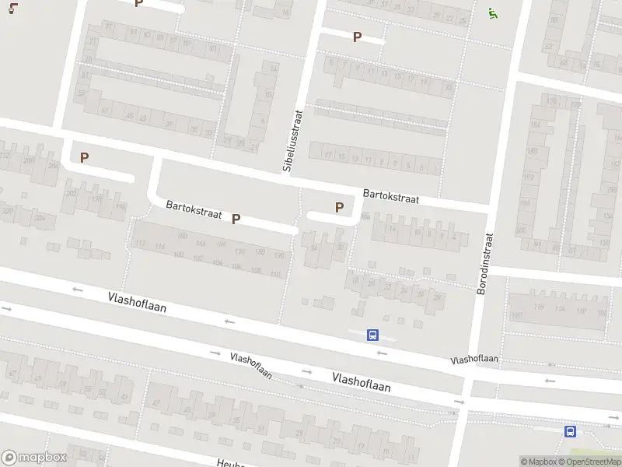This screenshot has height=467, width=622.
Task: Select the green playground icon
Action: tap(491, 12)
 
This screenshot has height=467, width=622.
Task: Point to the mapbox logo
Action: tap(34, 458)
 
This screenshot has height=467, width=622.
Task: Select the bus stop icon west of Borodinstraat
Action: tap(373, 335)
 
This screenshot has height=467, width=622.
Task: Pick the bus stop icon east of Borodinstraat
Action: tap(571, 431)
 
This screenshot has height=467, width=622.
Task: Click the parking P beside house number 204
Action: tap(84, 157)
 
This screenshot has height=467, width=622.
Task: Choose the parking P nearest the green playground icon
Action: tap(358, 37)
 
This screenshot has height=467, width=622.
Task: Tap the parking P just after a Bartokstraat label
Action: tap(236, 219)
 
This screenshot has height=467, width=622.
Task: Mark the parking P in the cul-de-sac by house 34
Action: tap(339, 207)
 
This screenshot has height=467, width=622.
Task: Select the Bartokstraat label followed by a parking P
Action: tap(194, 209)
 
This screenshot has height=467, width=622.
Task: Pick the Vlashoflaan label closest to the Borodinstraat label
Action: tap(474, 360)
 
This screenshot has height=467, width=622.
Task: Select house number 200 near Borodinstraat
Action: tap(521, 230)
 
